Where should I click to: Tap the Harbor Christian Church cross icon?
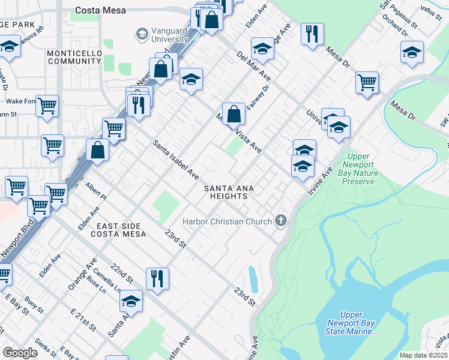point(280,221)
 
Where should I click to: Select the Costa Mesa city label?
point(100,10)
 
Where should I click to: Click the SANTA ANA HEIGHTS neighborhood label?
point(229,193)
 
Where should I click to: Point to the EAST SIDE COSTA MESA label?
point(121,229)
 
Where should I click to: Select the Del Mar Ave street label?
point(254,66)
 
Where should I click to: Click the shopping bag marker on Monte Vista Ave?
point(234,112)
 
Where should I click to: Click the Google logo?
point(20,353)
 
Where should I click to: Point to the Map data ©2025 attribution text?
point(423,355)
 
